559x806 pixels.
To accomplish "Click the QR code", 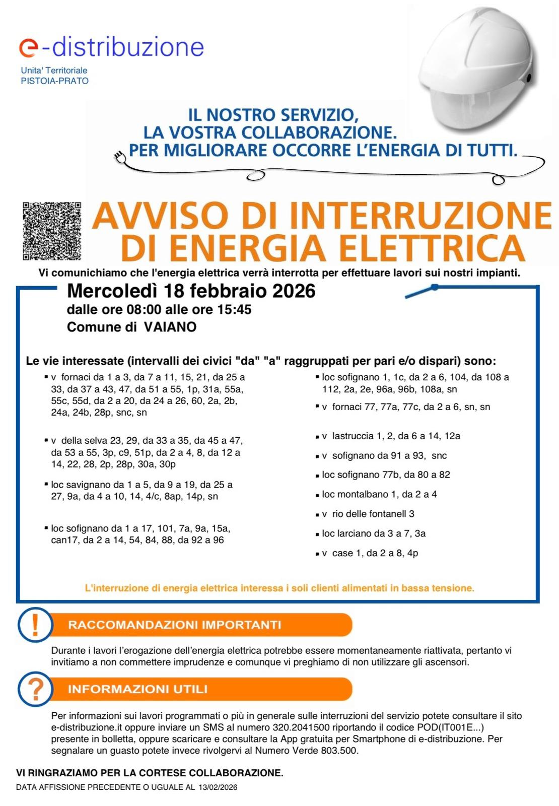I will (52, 231).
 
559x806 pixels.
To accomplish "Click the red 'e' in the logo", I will (28, 47).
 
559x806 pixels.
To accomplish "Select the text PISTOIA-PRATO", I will (54, 81).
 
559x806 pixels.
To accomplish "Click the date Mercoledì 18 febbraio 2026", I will (191, 291).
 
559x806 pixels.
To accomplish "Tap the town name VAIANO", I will (170, 327).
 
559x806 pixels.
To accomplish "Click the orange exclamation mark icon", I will (35, 625).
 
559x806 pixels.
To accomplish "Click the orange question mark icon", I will (35, 689).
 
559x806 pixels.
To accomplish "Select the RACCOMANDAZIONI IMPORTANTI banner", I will (201, 625).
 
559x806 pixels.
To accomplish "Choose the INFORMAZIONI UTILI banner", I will (201, 689).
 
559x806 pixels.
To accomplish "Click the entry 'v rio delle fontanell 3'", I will (368, 514).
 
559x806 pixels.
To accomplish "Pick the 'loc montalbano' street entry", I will (379, 494).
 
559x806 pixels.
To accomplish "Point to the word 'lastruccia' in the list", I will (352, 436).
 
